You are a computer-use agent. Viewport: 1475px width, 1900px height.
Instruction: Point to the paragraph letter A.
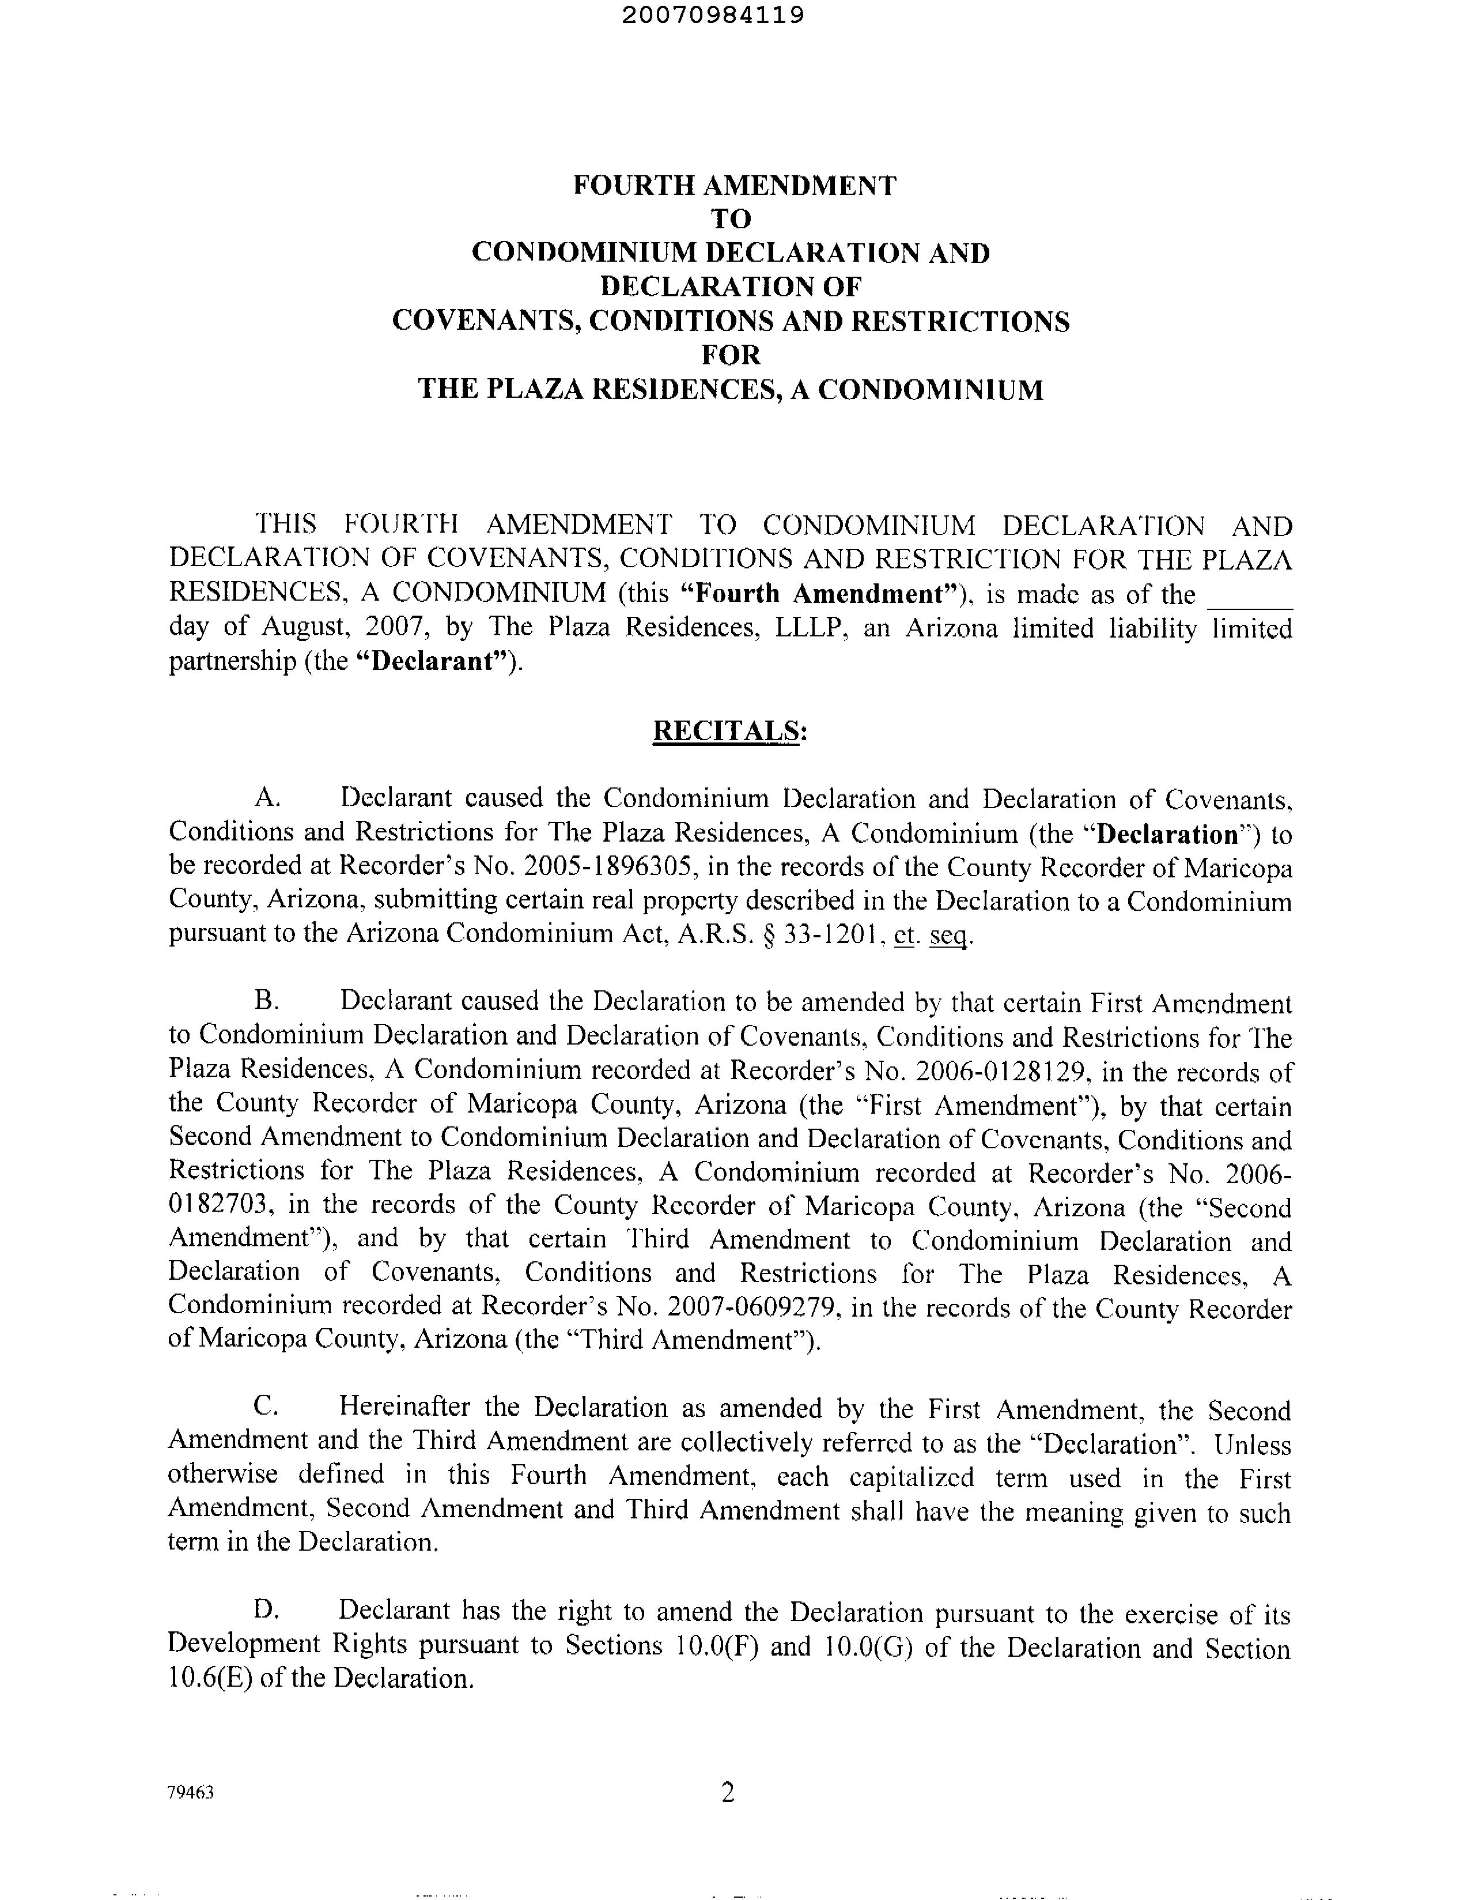pyautogui.click(x=266, y=798)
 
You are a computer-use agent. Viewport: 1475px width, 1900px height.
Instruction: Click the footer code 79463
pyautogui.click(x=191, y=1793)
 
